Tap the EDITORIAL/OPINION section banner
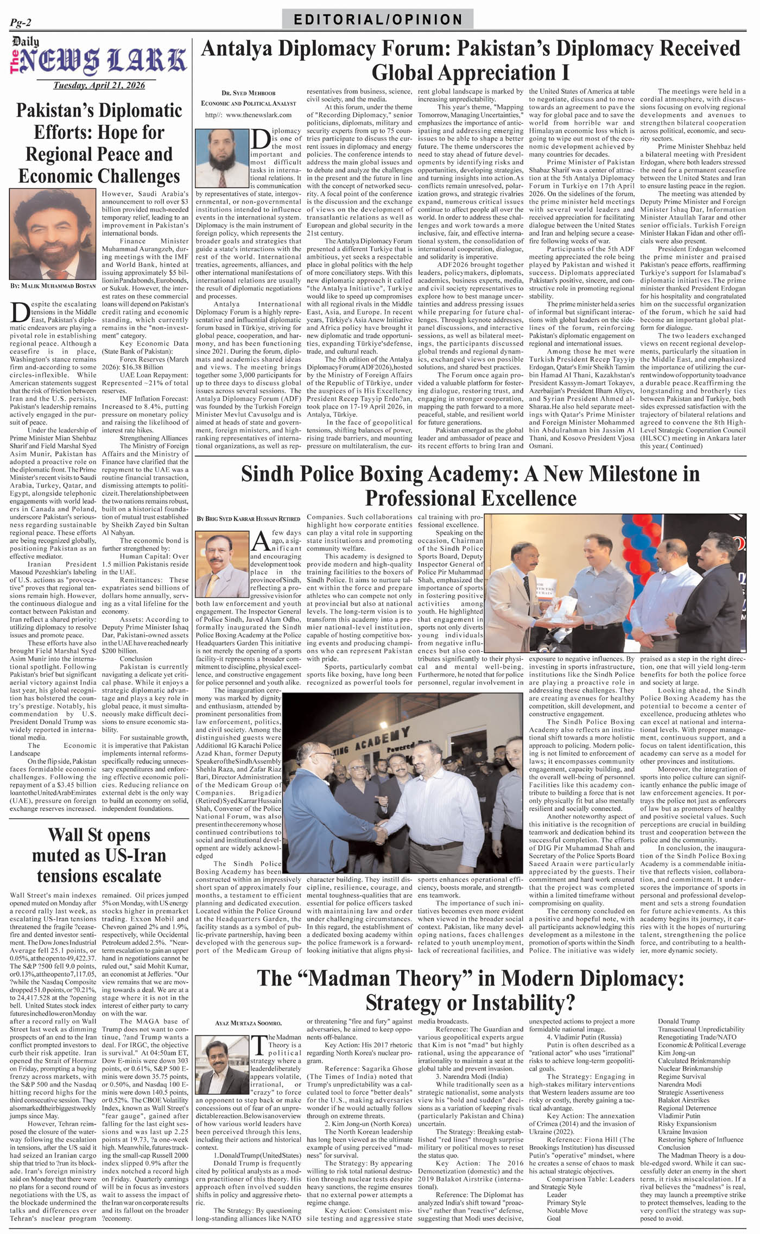pos(378,20)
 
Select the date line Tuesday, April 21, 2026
pos(99,85)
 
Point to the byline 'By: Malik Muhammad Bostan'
pos(52,285)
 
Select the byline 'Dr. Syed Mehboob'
pos(248,93)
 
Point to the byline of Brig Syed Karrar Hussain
pos(248,519)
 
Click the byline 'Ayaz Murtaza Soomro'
pos(240,1023)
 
